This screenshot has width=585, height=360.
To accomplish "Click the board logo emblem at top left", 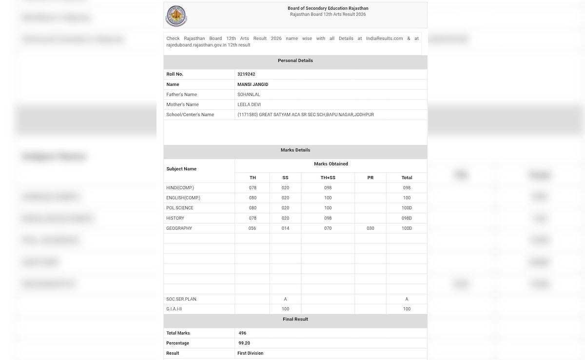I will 176,16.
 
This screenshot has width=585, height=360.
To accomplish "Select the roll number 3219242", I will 246,74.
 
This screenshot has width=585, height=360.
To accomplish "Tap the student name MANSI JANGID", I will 253,84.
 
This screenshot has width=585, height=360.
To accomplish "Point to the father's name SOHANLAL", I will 248,95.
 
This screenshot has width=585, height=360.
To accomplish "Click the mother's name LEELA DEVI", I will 249,104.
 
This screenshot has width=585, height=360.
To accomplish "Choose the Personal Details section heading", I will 295,60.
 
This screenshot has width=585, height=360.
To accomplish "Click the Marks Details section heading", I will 295,150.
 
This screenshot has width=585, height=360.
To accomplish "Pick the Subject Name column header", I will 181,169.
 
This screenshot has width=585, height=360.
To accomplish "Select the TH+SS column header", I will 328,178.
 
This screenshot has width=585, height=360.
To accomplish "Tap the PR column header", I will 370,178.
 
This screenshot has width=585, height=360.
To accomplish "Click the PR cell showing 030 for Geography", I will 370,228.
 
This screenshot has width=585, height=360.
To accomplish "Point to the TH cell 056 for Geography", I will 253,228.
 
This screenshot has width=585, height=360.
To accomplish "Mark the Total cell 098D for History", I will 407,218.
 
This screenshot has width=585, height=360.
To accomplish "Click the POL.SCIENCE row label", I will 180,208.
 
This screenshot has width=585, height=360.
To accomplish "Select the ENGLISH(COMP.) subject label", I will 183,198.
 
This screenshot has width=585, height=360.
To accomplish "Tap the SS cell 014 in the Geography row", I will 285,228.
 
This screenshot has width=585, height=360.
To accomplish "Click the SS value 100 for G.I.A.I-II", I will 285,309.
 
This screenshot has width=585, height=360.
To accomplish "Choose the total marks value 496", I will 242,333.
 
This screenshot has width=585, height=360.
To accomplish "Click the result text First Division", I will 250,353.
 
